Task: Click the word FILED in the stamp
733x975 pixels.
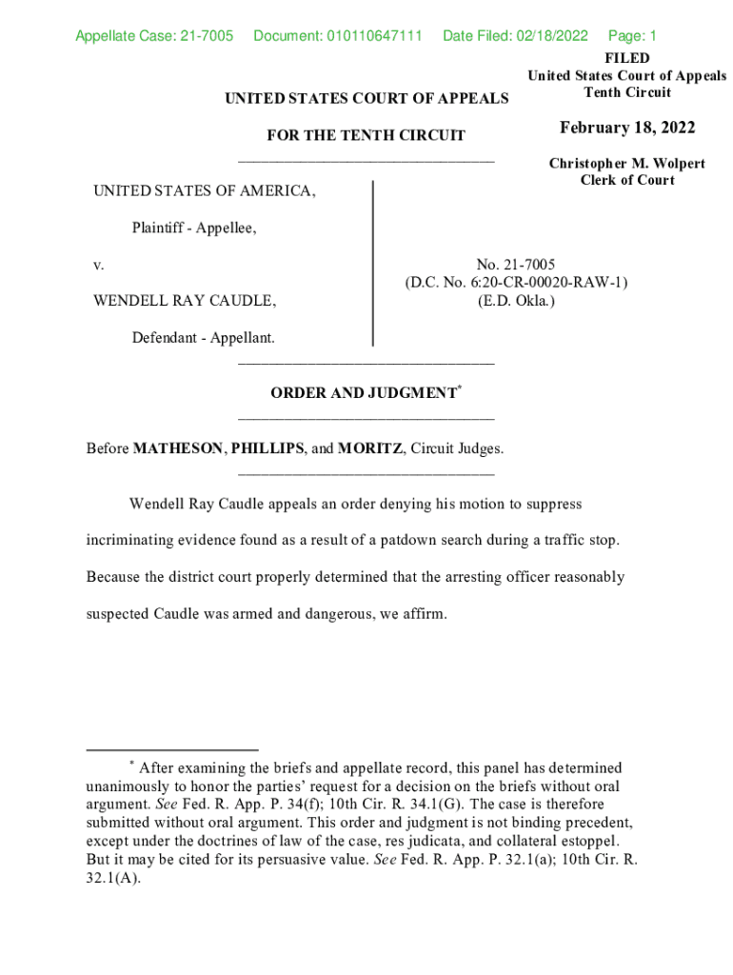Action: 626,58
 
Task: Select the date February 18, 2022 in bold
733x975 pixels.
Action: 627,129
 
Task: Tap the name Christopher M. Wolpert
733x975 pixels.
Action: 626,164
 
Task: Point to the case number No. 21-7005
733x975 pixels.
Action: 516,265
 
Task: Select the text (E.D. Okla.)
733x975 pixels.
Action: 516,301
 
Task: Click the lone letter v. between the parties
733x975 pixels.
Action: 98,265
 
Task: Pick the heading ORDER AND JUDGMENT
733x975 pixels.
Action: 364,393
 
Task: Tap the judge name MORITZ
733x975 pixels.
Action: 370,448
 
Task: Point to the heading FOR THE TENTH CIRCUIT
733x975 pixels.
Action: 366,136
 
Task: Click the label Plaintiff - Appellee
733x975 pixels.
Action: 194,228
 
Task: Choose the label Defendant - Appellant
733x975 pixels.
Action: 203,338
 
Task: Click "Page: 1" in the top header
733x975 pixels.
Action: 632,36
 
